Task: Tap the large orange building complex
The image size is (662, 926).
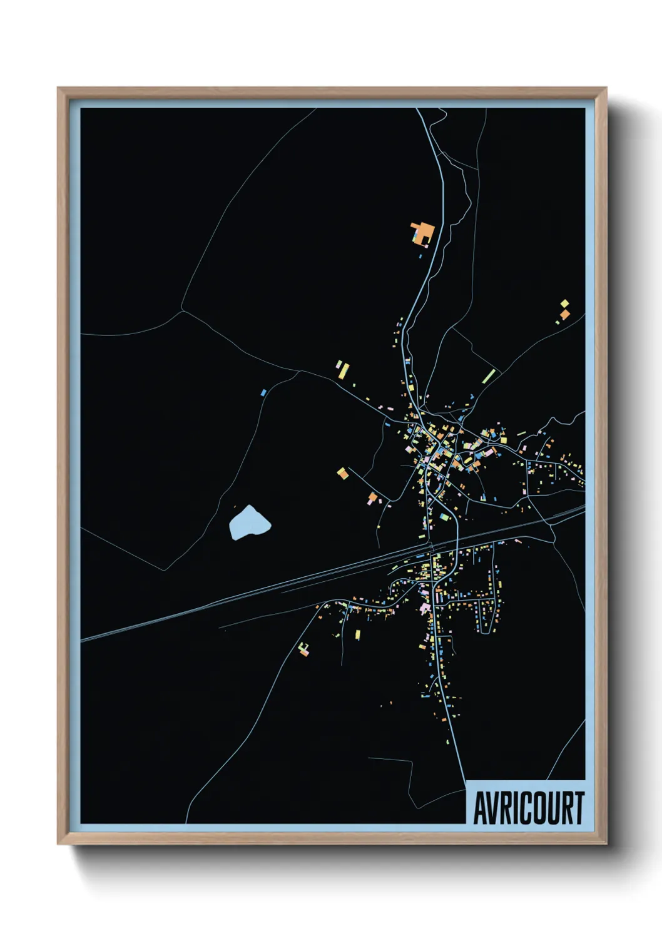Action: tap(424, 233)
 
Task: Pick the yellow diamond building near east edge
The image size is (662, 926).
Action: tap(565, 304)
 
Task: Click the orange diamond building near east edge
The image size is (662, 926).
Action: tap(564, 314)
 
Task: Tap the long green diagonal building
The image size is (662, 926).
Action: tap(489, 376)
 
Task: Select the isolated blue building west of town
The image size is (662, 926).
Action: tap(263, 392)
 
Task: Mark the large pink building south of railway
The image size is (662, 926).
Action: tap(425, 608)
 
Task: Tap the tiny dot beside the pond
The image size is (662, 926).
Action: tap(235, 507)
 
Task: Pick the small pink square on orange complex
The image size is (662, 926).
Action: tap(415, 237)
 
